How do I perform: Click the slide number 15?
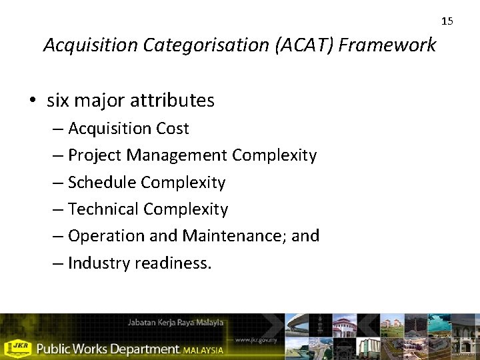coord(447,21)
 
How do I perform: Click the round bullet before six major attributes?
coord(32,101)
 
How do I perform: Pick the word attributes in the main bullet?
coord(177,101)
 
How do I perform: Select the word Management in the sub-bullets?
coord(177,155)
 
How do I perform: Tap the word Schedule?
coord(103,182)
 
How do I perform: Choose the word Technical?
coord(104,209)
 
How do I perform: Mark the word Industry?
coord(99,263)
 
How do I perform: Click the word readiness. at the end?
coord(173,263)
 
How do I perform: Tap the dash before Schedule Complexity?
coord(57,183)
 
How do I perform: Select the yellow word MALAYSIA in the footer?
coord(203,349)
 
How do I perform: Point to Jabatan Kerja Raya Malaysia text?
coord(175,323)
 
